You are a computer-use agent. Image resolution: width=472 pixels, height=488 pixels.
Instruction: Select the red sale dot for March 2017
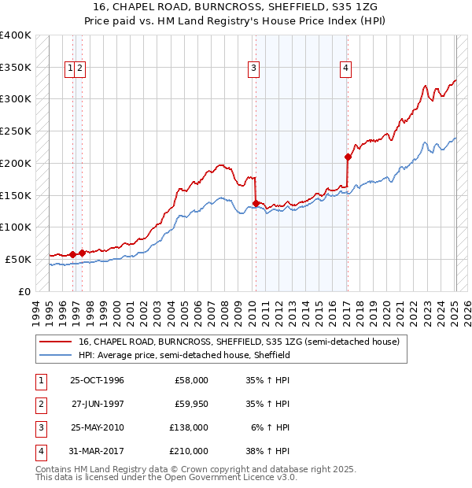pyautogui.click(x=347, y=157)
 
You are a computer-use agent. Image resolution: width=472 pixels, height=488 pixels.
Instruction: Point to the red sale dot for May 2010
pyautogui.click(x=256, y=202)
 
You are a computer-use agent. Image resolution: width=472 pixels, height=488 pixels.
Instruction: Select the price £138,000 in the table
pyautogui.click(x=190, y=427)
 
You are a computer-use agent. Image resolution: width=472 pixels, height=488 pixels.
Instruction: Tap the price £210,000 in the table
pyautogui.click(x=190, y=451)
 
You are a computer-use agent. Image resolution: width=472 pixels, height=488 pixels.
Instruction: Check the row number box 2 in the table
pyautogui.click(x=39, y=404)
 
